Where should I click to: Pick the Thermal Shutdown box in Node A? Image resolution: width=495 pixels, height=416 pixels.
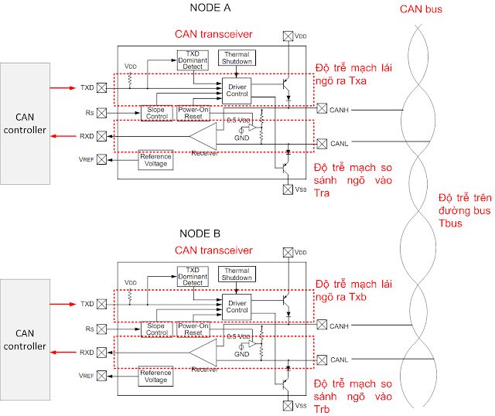tap(237, 58)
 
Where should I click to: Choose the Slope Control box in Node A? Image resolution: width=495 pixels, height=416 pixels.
tap(158, 113)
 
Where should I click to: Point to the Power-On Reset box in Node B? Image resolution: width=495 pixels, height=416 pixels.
tap(193, 329)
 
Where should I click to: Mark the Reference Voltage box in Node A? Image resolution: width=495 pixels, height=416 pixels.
tap(155, 159)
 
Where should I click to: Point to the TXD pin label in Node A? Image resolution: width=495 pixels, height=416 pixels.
tap(87, 88)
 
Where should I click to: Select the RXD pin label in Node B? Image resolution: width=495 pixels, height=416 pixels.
tap(87, 353)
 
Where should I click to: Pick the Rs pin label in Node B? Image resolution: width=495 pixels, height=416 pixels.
tap(89, 329)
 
